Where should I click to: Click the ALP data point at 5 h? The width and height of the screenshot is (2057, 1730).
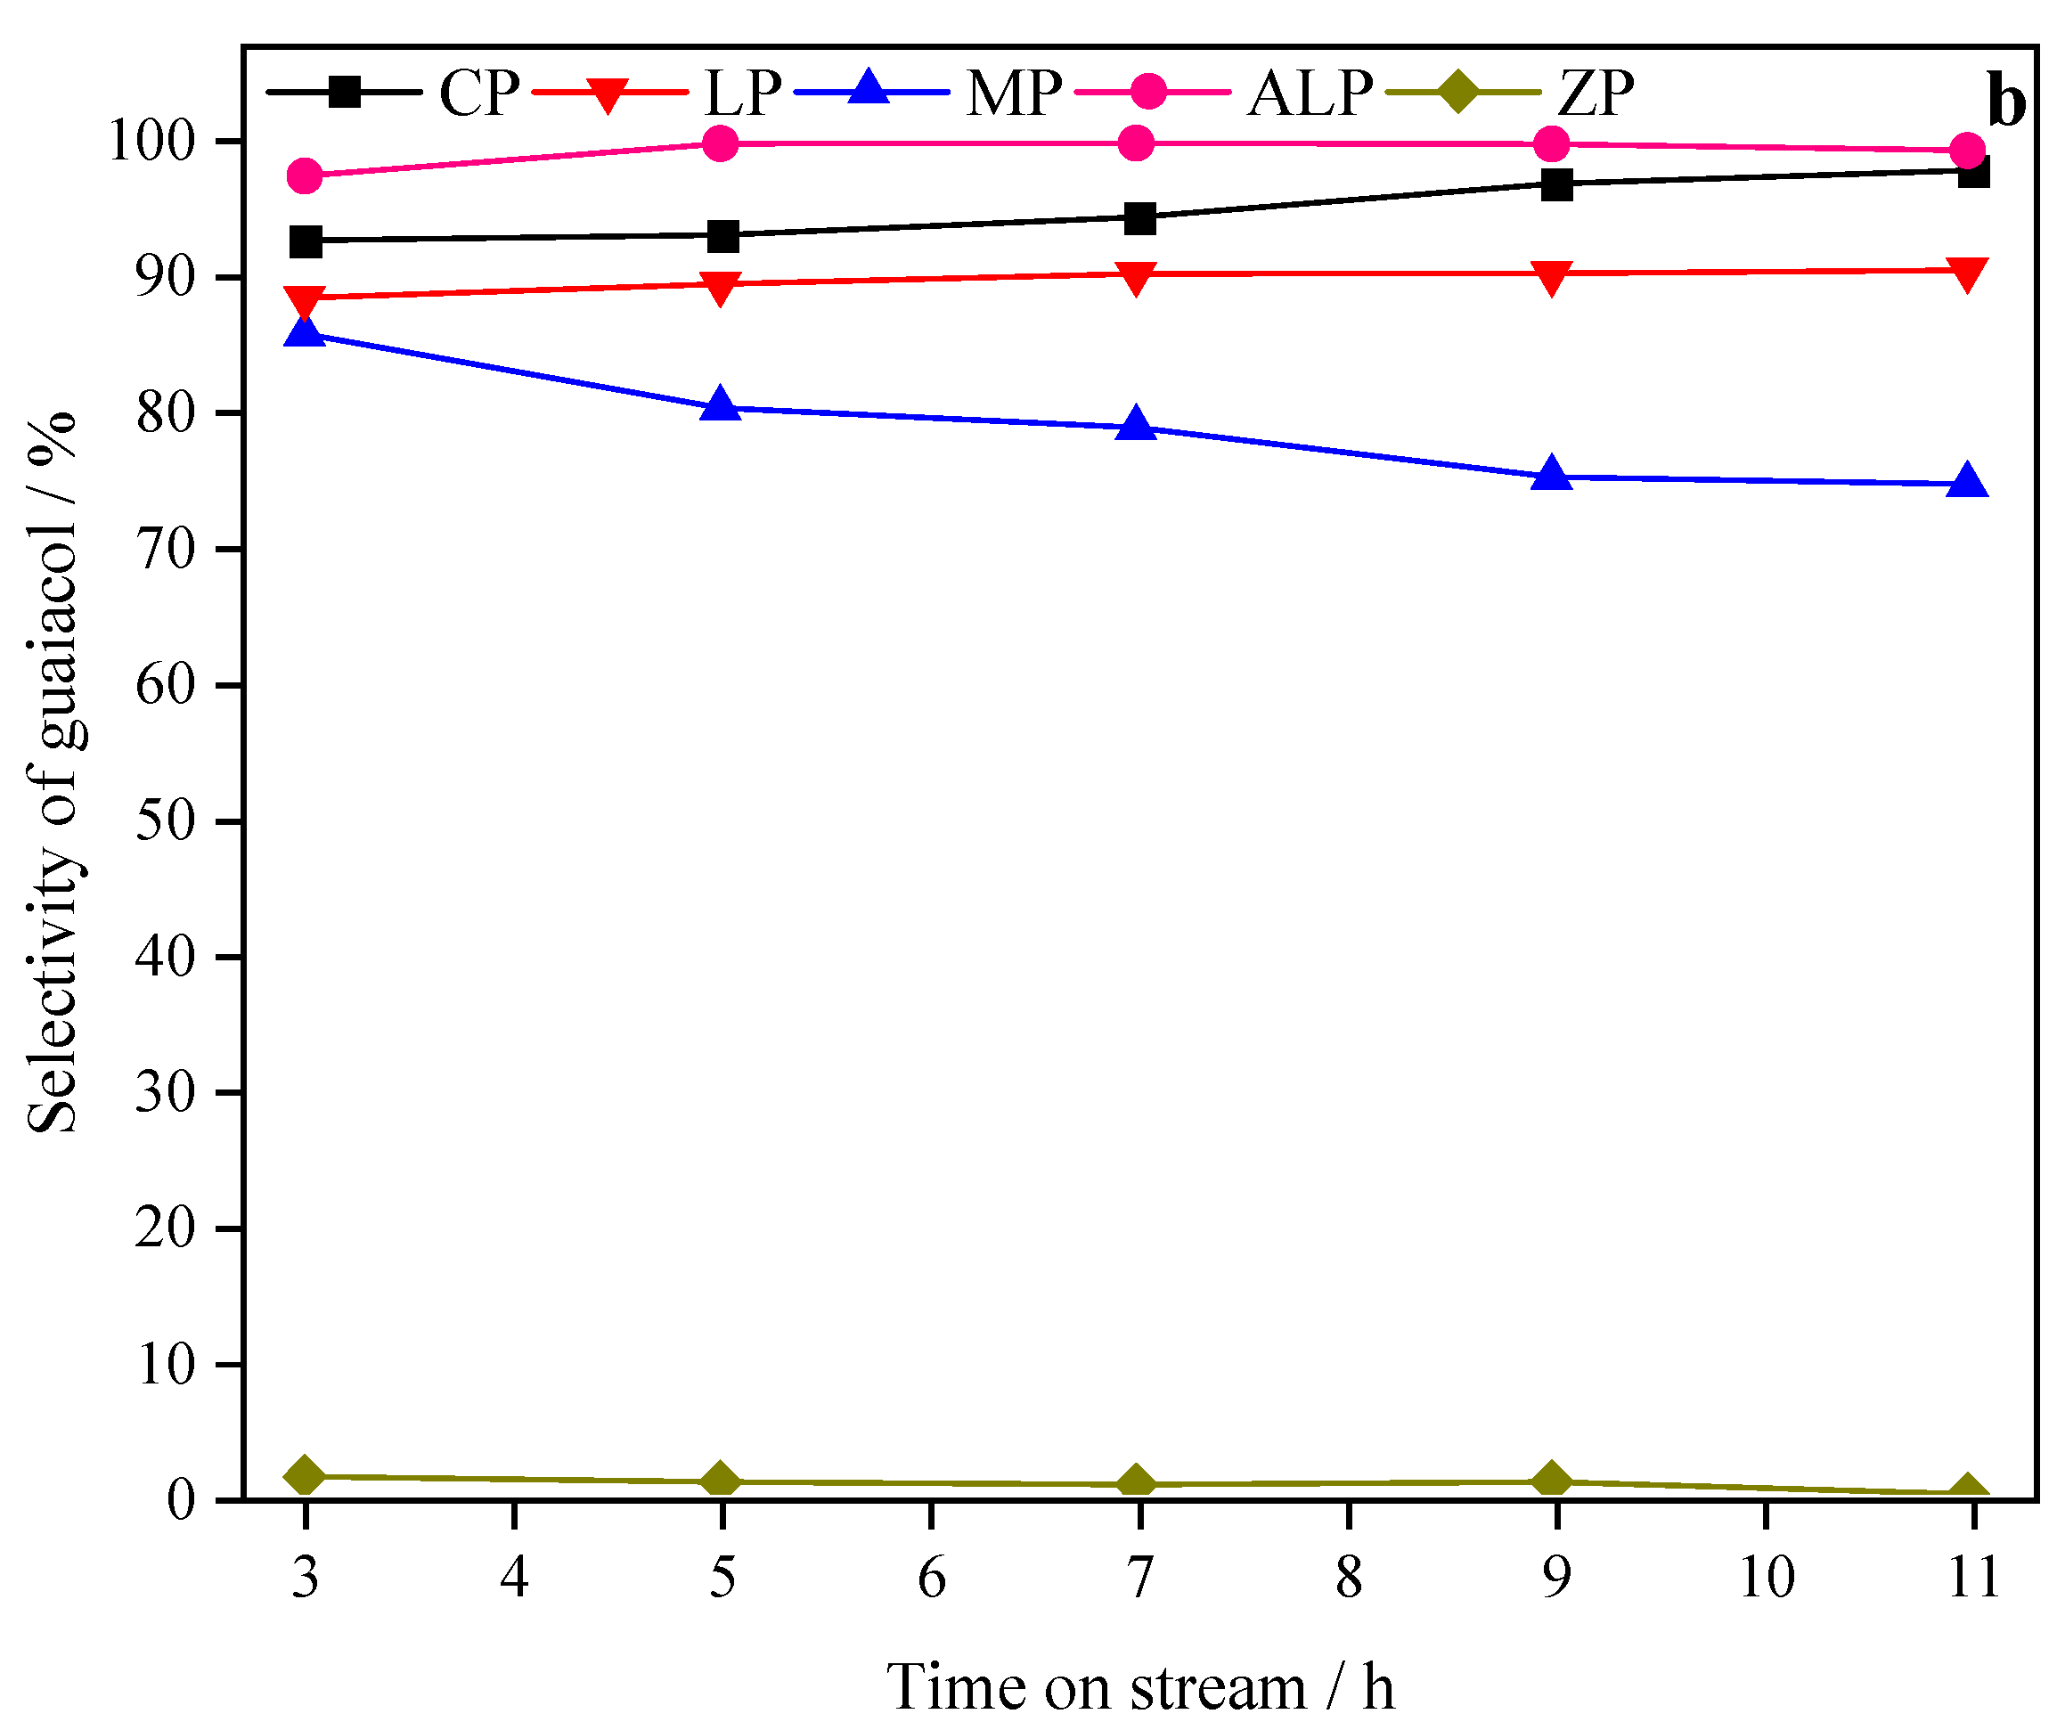(x=721, y=143)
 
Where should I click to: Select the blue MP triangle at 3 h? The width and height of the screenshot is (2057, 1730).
(x=305, y=333)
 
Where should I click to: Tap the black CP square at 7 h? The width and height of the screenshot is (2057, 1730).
(x=1139, y=217)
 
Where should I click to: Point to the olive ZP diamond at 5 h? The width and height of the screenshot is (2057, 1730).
(x=721, y=1479)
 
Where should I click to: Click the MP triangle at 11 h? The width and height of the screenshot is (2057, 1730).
(x=1968, y=482)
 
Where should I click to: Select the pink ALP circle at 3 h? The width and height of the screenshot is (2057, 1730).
(x=305, y=176)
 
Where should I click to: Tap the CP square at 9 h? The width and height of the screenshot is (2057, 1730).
(x=1556, y=184)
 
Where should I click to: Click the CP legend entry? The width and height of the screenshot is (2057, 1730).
(x=478, y=94)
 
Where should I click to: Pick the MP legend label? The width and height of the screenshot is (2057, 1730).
(x=1013, y=94)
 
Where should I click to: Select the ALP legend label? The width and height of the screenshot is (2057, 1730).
(x=1310, y=94)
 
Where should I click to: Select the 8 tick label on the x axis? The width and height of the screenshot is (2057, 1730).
(x=1349, y=1578)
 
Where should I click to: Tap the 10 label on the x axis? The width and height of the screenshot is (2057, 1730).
(x=1767, y=1578)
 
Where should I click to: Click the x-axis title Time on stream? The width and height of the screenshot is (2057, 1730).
(x=1139, y=1687)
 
